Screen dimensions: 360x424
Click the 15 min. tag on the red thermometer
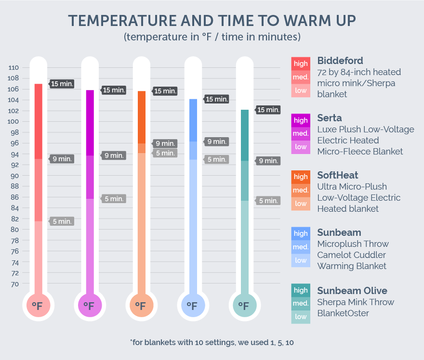coord(62,84)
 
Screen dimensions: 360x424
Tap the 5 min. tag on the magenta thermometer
coord(114,199)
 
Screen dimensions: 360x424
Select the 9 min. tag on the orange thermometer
coord(165,143)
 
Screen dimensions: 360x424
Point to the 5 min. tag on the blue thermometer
coord(216,159)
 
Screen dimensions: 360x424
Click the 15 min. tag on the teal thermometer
coord(268,110)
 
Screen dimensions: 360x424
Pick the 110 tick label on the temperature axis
coord(14,67)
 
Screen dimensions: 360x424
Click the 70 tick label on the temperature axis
coord(14,284)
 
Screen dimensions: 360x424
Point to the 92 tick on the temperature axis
coord(14,165)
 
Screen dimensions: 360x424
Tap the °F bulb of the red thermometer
coord(38,305)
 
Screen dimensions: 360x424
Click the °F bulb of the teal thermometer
coord(244,305)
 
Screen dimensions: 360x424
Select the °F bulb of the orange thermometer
coord(140,305)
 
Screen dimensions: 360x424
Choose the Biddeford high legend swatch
coord(301,64)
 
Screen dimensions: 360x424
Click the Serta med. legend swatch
coord(301,133)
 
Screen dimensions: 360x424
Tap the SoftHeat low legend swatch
coord(301,204)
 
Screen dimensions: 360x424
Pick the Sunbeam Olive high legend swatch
coord(301,290)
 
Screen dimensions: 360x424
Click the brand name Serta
coord(330,118)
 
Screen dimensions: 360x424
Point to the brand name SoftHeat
coord(338,175)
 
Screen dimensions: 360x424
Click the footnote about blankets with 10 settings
coord(212,342)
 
